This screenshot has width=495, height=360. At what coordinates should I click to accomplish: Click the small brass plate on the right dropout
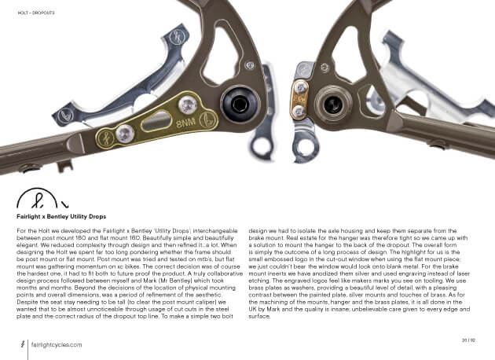click(x=299, y=99)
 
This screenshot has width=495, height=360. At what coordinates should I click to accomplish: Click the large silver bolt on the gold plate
click(x=186, y=103)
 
